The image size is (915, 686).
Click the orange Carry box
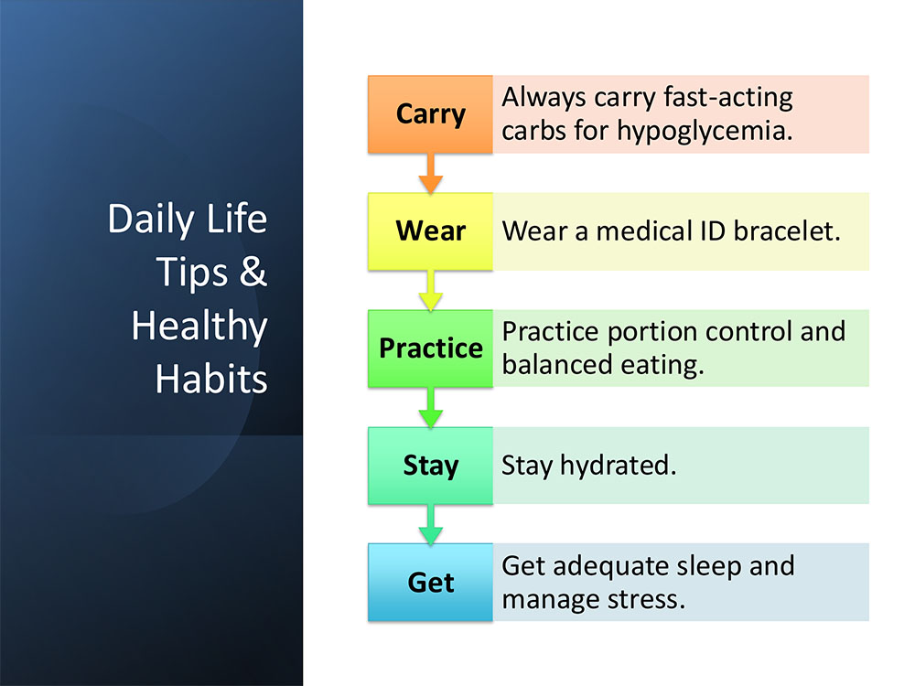(430, 114)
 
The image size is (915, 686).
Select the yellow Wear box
(430, 231)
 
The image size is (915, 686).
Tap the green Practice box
(430, 348)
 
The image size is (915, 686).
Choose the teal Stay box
(430, 466)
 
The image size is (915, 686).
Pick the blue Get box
(430, 582)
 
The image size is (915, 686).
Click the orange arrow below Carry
(431, 173)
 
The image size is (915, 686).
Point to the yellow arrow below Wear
(431, 291)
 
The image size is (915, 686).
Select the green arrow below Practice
(431, 408)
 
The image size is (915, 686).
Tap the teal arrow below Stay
(431, 524)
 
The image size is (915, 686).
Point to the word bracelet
(787, 231)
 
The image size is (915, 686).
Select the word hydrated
(618, 466)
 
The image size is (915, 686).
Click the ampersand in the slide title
(253, 272)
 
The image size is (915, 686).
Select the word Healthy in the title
(199, 327)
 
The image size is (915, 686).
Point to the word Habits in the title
(211, 380)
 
